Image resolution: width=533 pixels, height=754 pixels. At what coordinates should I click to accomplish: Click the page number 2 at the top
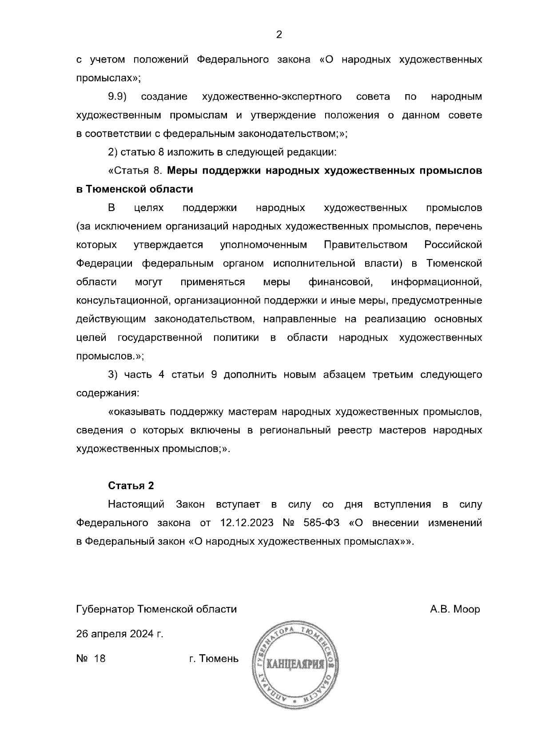click(279, 35)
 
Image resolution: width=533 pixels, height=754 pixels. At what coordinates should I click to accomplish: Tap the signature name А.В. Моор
click(455, 609)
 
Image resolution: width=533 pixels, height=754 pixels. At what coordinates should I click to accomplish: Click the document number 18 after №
click(100, 658)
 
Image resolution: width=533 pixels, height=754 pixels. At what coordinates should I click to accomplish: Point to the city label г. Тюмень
click(214, 658)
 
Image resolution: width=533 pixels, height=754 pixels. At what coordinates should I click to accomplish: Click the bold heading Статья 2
click(131, 486)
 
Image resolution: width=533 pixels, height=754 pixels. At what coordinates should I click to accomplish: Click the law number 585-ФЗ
click(322, 523)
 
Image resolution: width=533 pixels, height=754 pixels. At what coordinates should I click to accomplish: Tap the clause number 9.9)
click(118, 96)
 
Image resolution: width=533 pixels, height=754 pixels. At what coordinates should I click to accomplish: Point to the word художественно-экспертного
click(271, 96)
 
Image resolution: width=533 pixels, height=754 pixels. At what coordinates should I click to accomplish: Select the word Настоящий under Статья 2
click(136, 504)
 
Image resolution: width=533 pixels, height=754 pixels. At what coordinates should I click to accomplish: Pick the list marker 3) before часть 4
click(113, 375)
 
